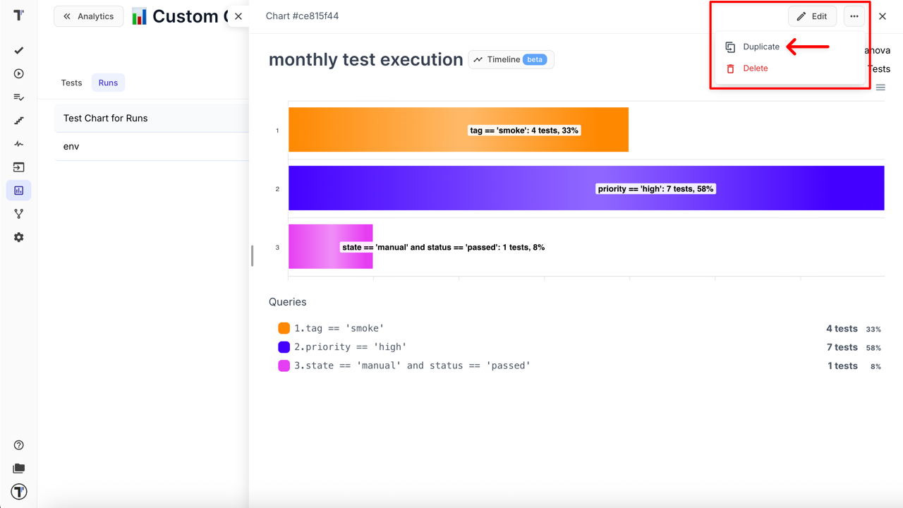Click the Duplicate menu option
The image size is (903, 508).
[760, 47]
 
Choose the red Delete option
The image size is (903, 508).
[755, 68]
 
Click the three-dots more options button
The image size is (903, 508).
[854, 16]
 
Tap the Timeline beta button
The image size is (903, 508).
[511, 60]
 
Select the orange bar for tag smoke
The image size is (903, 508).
[458, 130]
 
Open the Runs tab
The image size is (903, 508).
[108, 83]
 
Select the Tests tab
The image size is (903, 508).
[71, 83]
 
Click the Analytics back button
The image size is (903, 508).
[88, 16]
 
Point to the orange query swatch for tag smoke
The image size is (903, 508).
[284, 328]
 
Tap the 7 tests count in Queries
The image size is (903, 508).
[842, 347]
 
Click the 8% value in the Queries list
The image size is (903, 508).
[875, 366]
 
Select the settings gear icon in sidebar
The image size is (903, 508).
[19, 237]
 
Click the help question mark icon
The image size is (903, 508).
[19, 445]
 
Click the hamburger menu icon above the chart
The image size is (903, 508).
[880, 87]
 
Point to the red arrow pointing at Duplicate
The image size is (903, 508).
[807, 47]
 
